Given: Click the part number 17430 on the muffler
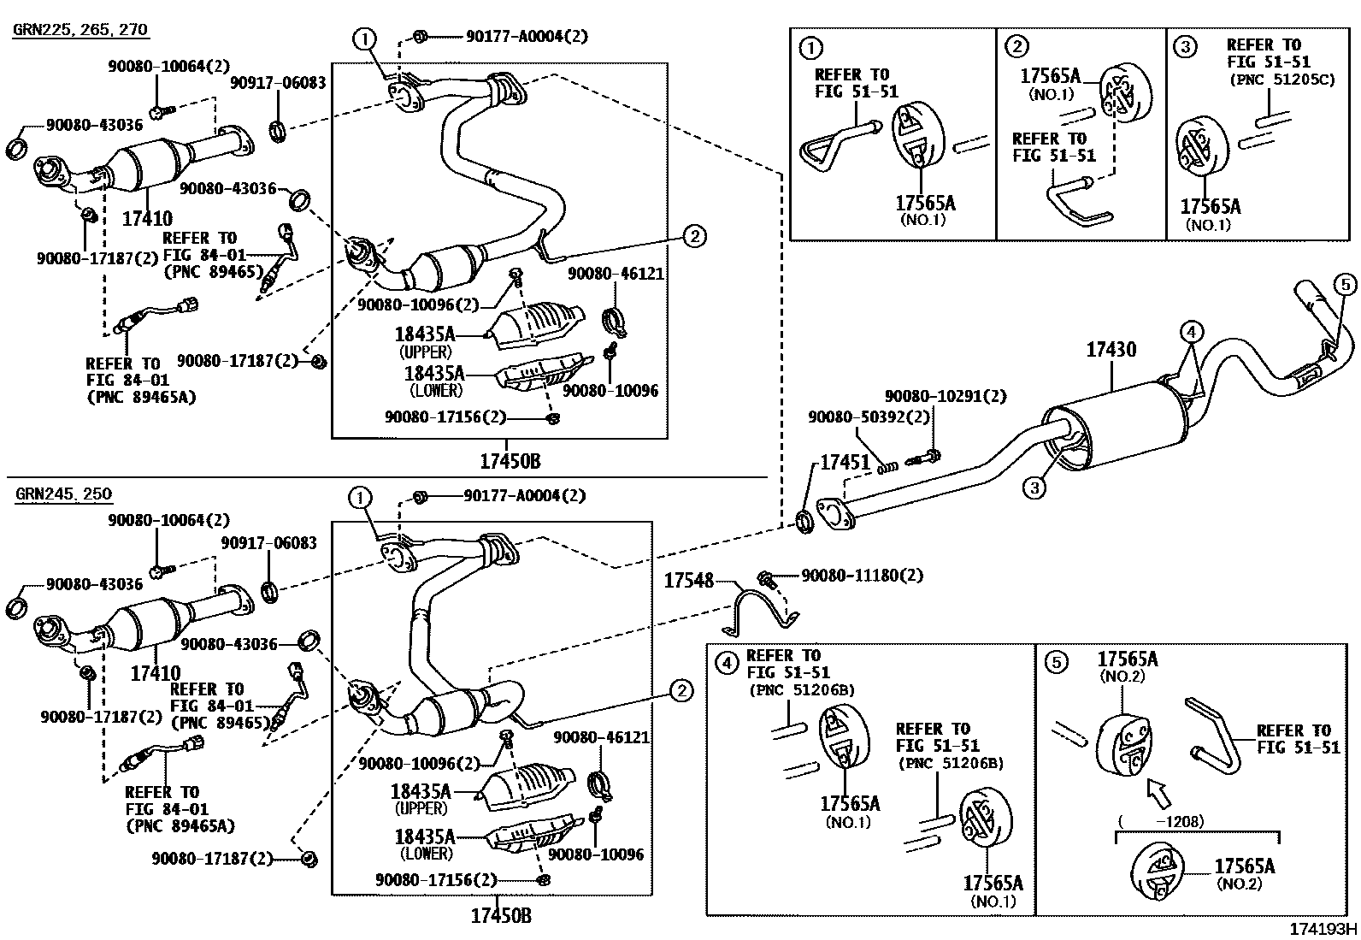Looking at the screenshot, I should point(1111,350).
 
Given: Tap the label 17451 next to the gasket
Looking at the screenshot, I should point(844,463).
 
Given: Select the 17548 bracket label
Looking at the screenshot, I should point(688,581).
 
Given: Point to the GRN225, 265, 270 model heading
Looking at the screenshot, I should point(80,30).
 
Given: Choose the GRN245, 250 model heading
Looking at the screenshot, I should point(63,494).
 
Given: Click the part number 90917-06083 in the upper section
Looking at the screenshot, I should point(278,83).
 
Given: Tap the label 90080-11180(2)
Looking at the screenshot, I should point(862,576).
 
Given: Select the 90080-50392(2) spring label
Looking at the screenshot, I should point(857,417).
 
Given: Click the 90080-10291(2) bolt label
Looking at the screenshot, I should point(945,396).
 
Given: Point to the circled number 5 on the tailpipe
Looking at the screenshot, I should point(1344,285).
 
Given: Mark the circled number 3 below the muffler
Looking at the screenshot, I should point(1034,488).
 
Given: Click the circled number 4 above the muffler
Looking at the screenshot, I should point(1193,331).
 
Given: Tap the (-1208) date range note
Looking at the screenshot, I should point(1161,822).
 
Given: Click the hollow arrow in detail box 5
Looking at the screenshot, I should point(1160,791).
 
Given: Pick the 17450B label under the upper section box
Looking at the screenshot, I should point(510,462).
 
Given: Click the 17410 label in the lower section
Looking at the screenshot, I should point(156,673).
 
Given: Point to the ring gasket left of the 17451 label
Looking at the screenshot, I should point(805,519).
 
